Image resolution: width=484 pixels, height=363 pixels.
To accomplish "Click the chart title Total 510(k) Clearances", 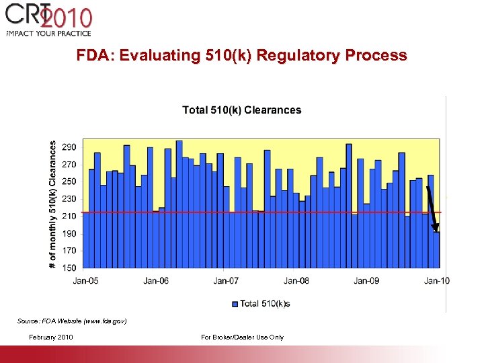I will coord(242,110).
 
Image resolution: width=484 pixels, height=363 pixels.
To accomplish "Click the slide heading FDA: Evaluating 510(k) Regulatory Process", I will coord(241,55).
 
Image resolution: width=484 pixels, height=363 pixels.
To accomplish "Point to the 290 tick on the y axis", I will coord(69,147).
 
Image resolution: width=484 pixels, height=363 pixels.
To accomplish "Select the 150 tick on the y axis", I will coord(69,268).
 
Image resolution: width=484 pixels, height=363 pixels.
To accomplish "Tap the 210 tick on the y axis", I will coord(69,216).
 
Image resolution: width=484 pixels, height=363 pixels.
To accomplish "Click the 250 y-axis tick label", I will coord(69,182).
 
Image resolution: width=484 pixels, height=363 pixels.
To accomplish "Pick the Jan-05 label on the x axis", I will coord(85,280).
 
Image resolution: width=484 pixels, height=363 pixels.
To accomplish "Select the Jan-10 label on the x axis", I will coord(437,280).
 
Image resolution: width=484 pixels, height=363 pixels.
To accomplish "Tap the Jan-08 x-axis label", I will coord(296,280).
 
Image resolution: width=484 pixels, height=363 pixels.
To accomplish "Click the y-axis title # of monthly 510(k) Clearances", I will coord(53,204).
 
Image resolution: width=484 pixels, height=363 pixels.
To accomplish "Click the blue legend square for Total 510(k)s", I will coord(235,304).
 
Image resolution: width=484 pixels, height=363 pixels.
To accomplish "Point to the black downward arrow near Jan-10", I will coord(432,208).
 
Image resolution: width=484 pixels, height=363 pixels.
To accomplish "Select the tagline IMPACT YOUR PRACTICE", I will coord(48,33).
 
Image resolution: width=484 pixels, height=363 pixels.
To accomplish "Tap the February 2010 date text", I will coord(52,337).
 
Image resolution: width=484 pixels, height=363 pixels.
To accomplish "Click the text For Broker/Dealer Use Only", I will coord(242,337).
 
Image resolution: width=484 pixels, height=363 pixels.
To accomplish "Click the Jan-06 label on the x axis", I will coord(156,280).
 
